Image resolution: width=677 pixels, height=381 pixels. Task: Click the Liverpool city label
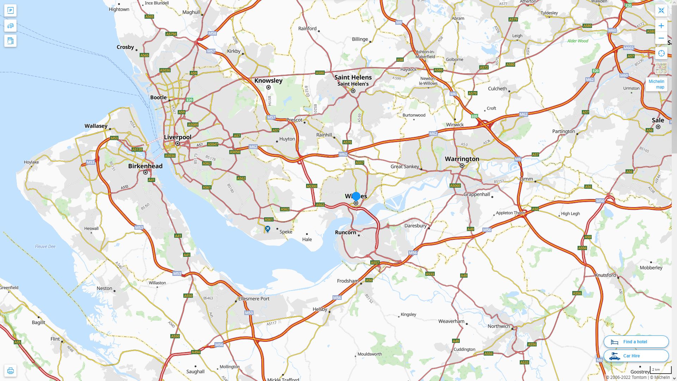point(177,137)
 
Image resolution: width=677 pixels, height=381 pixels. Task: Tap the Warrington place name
point(462,159)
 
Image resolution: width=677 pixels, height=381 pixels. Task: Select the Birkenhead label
point(145,166)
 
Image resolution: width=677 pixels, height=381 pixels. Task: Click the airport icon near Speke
point(268,229)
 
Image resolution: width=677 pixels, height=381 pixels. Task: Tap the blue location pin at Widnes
point(356,196)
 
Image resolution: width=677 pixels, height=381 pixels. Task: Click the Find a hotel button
point(636,341)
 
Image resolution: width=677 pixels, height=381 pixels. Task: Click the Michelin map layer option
point(656,84)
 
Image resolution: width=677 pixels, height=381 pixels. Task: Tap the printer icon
point(10,370)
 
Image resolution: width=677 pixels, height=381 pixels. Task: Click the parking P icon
point(10,10)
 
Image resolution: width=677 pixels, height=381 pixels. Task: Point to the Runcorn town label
point(345,232)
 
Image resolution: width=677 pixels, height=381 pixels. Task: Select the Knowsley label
point(268,80)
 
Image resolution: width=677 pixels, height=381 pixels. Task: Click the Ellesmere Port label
point(254,298)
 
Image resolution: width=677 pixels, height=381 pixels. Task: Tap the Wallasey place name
point(96,126)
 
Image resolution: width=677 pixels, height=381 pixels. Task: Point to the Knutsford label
point(605,275)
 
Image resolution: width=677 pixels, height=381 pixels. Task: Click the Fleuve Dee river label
point(45,246)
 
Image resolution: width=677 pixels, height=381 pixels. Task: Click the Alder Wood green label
point(578,41)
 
